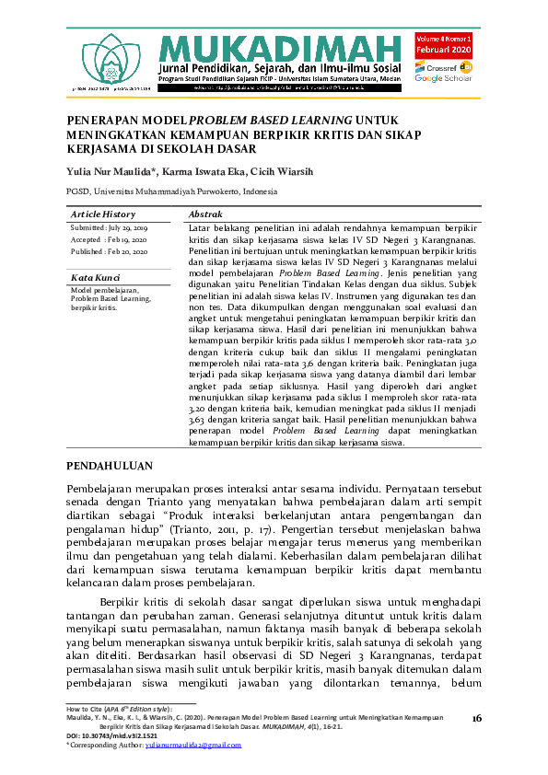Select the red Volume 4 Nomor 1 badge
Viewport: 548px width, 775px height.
point(443,45)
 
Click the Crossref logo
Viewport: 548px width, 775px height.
point(443,67)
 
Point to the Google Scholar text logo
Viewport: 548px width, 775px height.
point(443,79)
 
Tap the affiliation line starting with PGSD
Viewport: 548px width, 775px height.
point(171,191)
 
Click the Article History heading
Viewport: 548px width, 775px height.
point(103,214)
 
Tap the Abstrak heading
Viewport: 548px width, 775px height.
point(207,214)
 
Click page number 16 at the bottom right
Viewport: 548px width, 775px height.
point(475,718)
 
